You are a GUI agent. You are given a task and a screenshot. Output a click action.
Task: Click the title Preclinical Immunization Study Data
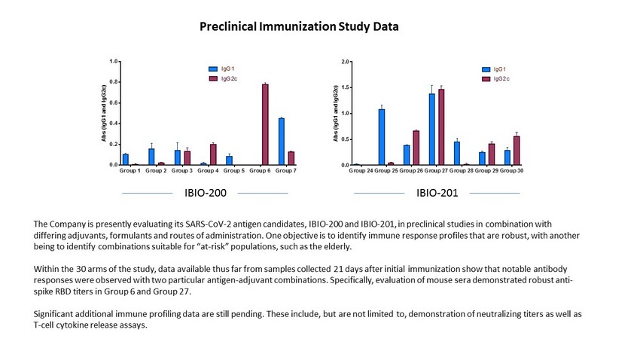299,27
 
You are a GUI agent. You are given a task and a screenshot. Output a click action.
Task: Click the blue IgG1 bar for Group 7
281,141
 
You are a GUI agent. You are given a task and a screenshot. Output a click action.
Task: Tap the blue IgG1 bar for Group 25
382,136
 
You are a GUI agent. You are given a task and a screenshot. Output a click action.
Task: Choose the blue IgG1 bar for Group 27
431,129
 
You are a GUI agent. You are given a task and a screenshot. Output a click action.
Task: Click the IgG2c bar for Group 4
213,154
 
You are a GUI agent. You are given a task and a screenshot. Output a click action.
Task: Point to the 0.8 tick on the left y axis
113,81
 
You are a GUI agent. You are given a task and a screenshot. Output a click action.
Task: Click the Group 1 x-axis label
130,171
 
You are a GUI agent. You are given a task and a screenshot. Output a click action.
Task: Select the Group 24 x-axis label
361,171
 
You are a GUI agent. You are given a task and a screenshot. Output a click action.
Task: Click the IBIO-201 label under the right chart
437,194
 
